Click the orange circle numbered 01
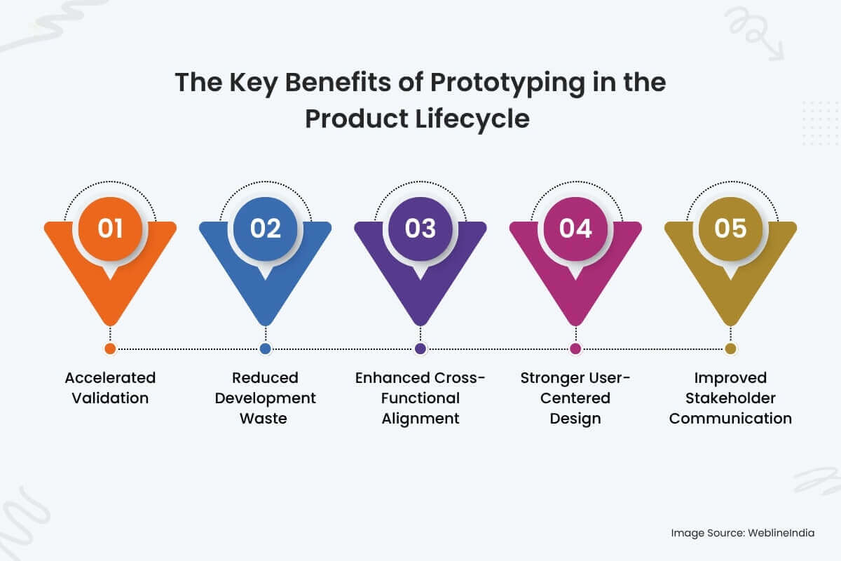click(x=111, y=229)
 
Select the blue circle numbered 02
click(x=266, y=229)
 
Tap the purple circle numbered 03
click(x=420, y=229)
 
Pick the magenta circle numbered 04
click(x=575, y=229)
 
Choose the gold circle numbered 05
click(x=730, y=229)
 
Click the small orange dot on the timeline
click(x=111, y=349)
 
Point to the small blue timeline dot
click(x=266, y=349)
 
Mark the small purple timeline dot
click(x=420, y=349)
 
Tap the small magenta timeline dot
click(x=575, y=349)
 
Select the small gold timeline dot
click(x=730, y=349)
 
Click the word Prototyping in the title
click(x=507, y=83)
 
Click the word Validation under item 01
click(x=111, y=398)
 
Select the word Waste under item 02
click(x=264, y=418)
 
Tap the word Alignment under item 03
click(x=420, y=419)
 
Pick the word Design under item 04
click(x=575, y=419)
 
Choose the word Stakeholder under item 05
click(x=730, y=398)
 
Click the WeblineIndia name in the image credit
click(x=781, y=533)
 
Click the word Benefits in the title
click(x=338, y=82)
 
